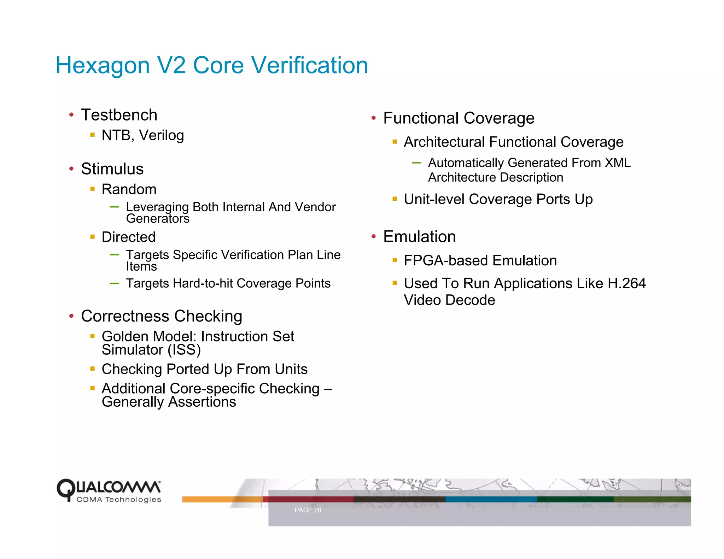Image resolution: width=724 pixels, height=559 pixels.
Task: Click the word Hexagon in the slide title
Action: (x=103, y=66)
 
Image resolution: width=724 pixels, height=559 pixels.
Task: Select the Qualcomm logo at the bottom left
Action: (x=109, y=490)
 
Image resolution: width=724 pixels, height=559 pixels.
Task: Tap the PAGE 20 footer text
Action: (x=308, y=510)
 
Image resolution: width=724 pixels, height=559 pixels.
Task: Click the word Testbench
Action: (x=119, y=115)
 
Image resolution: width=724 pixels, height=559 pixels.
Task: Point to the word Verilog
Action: (x=162, y=136)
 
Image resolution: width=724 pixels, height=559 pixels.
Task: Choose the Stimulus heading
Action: (x=112, y=169)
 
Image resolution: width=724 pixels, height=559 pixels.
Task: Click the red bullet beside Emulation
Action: (x=374, y=237)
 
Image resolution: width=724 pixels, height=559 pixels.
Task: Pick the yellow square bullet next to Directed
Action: (x=93, y=237)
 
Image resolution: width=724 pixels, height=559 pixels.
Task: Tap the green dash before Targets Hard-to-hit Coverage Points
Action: (x=114, y=283)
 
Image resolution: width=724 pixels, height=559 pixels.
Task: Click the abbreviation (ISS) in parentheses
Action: (x=184, y=350)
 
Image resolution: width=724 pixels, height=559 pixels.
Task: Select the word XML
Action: (x=618, y=163)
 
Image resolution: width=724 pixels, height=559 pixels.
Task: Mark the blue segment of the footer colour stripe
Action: (x=491, y=499)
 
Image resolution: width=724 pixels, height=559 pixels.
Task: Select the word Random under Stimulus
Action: (x=129, y=190)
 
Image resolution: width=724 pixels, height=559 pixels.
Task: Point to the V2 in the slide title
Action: (x=171, y=66)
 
